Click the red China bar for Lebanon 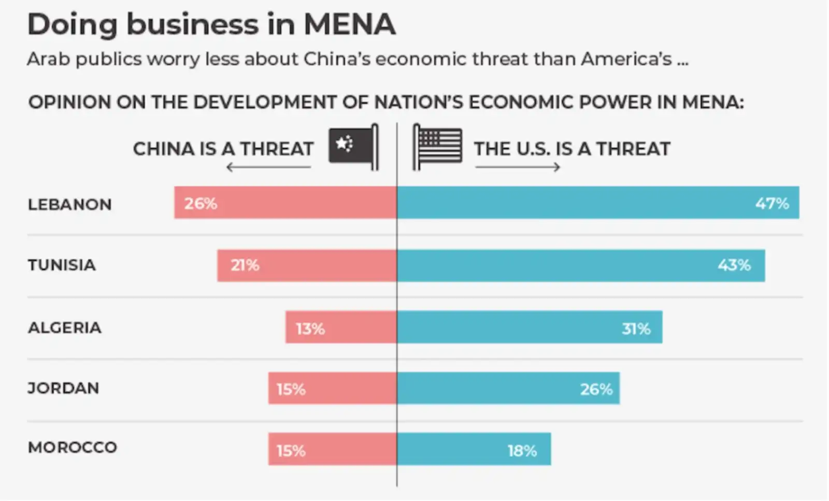pyautogui.click(x=285, y=202)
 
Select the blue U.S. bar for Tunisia pyautogui.click(x=580, y=266)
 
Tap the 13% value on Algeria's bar pyautogui.click(x=310, y=328)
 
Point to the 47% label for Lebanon pyautogui.click(x=771, y=203)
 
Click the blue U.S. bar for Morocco pyautogui.click(x=474, y=449)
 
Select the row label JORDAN pyautogui.click(x=63, y=388)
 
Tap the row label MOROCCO pyautogui.click(x=73, y=447)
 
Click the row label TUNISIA pyautogui.click(x=62, y=265)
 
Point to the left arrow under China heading pyautogui.click(x=268, y=167)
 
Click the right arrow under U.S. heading pyautogui.click(x=518, y=167)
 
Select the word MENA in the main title pyautogui.click(x=350, y=24)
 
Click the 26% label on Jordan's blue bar pyautogui.click(x=596, y=389)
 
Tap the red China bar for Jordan pyautogui.click(x=332, y=388)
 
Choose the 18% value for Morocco pyautogui.click(x=522, y=451)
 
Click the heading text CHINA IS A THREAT pyautogui.click(x=223, y=149)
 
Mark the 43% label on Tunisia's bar pyautogui.click(x=734, y=266)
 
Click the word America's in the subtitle pyautogui.click(x=626, y=59)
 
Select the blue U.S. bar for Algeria pyautogui.click(x=528, y=327)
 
